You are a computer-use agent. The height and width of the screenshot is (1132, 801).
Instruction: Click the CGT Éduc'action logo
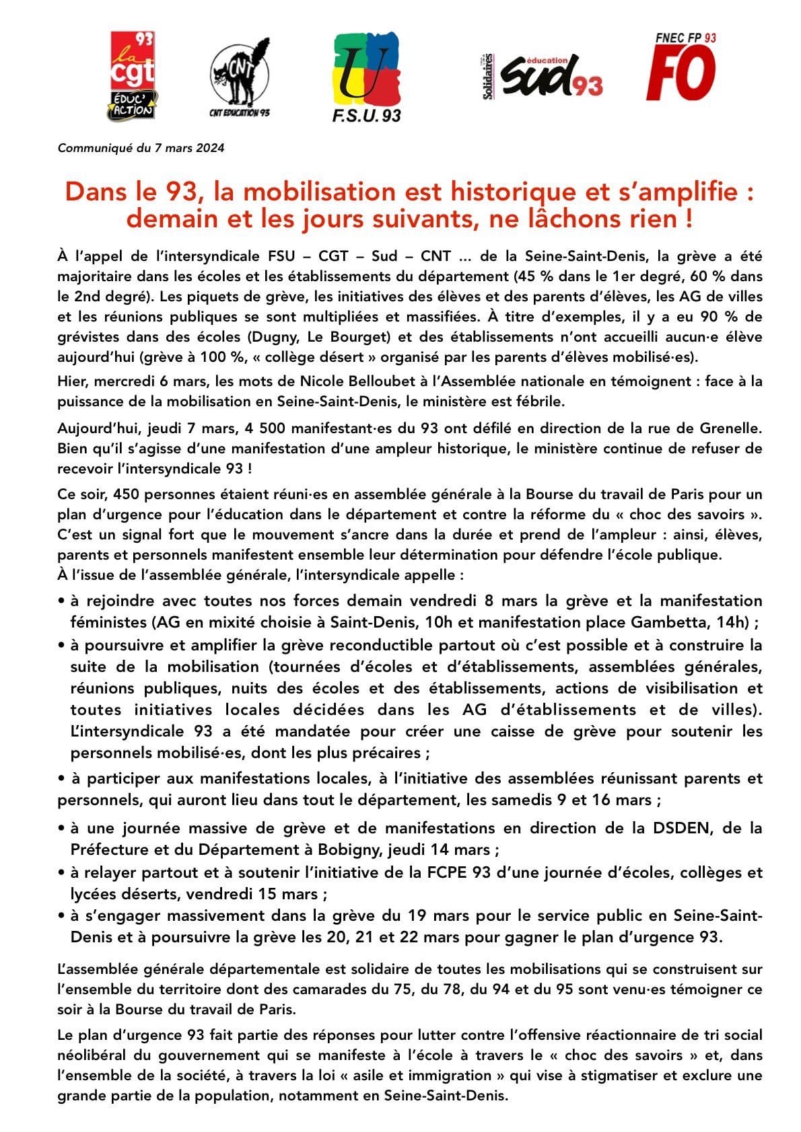point(132,76)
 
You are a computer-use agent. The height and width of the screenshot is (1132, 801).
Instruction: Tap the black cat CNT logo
point(239,76)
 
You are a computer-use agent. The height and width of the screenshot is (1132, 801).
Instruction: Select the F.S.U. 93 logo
point(366,77)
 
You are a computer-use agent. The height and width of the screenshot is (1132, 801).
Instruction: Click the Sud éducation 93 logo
point(543,75)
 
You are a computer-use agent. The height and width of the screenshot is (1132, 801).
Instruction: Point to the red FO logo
point(681,68)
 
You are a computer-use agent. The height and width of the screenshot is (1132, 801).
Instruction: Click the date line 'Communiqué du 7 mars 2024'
point(141,148)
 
